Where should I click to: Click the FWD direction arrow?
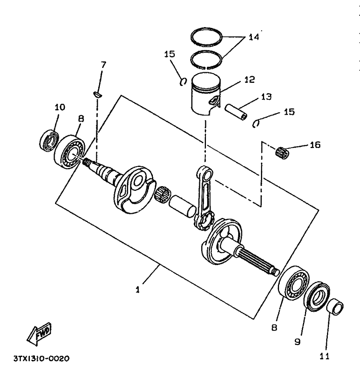pos(39,334)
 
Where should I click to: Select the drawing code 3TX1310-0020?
pos(41,359)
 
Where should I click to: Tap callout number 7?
pos(103,65)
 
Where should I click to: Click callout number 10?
pos(60,107)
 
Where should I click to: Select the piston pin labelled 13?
pos(236,112)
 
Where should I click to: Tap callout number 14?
pos(254,37)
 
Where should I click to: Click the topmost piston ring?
pos(206,37)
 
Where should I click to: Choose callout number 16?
pos(315,145)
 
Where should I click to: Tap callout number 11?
pos(324,357)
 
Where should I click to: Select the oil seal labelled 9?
pos(317,297)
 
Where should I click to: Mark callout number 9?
pos(298,342)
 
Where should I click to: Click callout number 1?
pos(138,290)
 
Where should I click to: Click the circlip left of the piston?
pos(184,82)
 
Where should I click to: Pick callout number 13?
pos(266,97)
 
